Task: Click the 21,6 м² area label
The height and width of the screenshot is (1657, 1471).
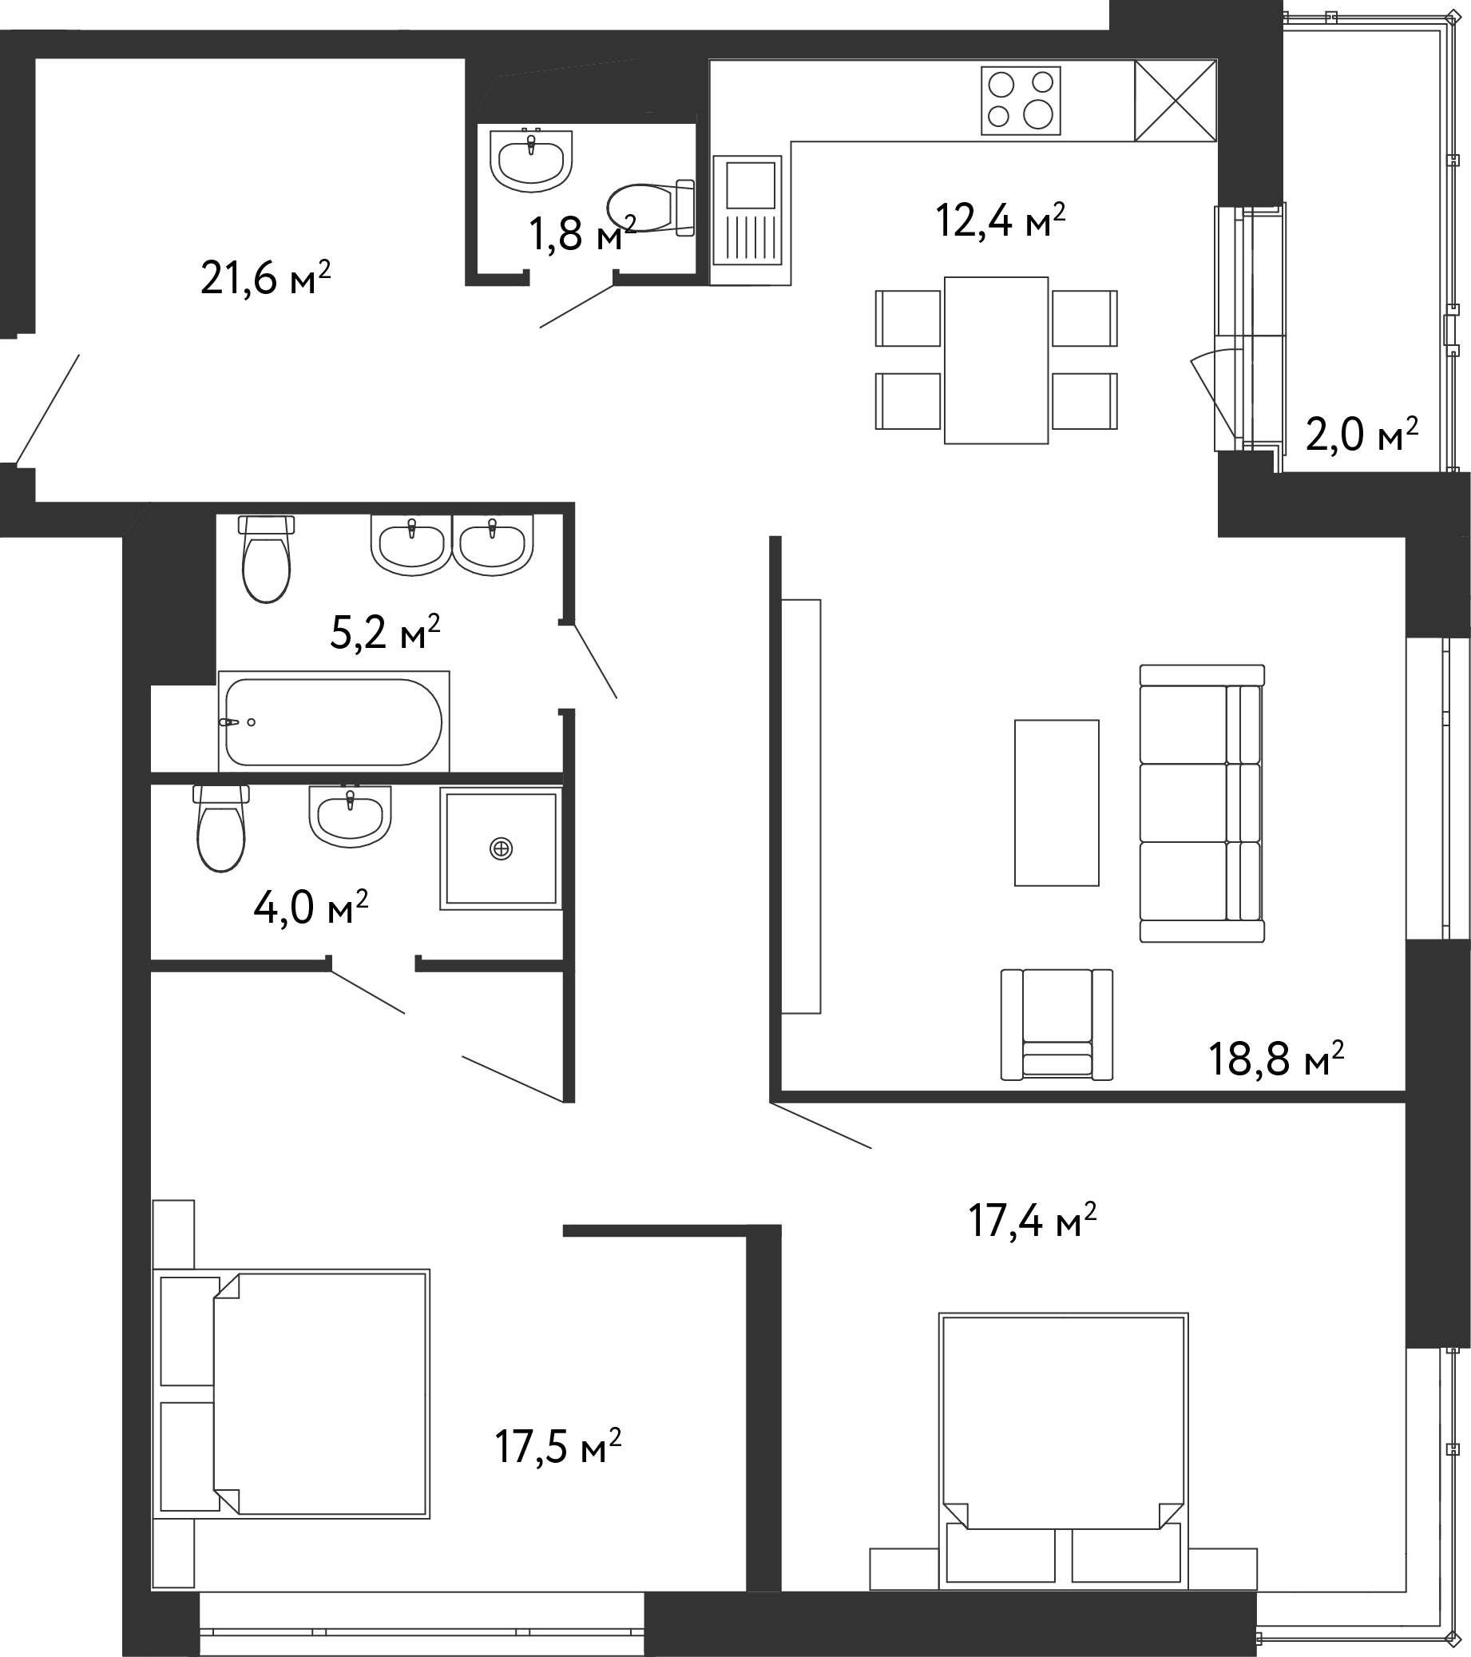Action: tap(266, 278)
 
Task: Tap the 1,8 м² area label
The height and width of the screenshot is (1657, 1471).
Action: tap(582, 233)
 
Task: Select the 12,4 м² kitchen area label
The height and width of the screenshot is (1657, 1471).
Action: tap(1000, 220)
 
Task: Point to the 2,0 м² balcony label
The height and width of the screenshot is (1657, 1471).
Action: tap(1362, 435)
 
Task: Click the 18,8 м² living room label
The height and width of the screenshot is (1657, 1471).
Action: tap(1276, 1058)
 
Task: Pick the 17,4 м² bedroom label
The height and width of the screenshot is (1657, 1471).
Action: tap(1033, 1221)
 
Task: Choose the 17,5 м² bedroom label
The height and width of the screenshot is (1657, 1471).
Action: tap(558, 1447)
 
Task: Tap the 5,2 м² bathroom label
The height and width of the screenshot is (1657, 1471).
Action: tap(385, 632)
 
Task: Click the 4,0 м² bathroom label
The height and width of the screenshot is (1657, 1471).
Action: tap(311, 907)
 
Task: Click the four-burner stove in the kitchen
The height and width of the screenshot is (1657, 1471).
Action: tap(1021, 101)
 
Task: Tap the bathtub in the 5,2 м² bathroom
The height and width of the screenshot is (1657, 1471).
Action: tap(333, 721)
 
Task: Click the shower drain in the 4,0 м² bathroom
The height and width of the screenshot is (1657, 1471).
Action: tap(502, 848)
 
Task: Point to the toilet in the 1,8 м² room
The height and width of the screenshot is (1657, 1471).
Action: tap(651, 208)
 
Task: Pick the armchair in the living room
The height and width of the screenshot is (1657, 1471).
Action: tap(1057, 1025)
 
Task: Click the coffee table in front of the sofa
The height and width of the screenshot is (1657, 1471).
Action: tap(1057, 803)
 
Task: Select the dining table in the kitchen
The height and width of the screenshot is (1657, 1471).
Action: tap(996, 360)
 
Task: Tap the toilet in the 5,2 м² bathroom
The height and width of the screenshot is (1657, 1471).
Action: tap(267, 559)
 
